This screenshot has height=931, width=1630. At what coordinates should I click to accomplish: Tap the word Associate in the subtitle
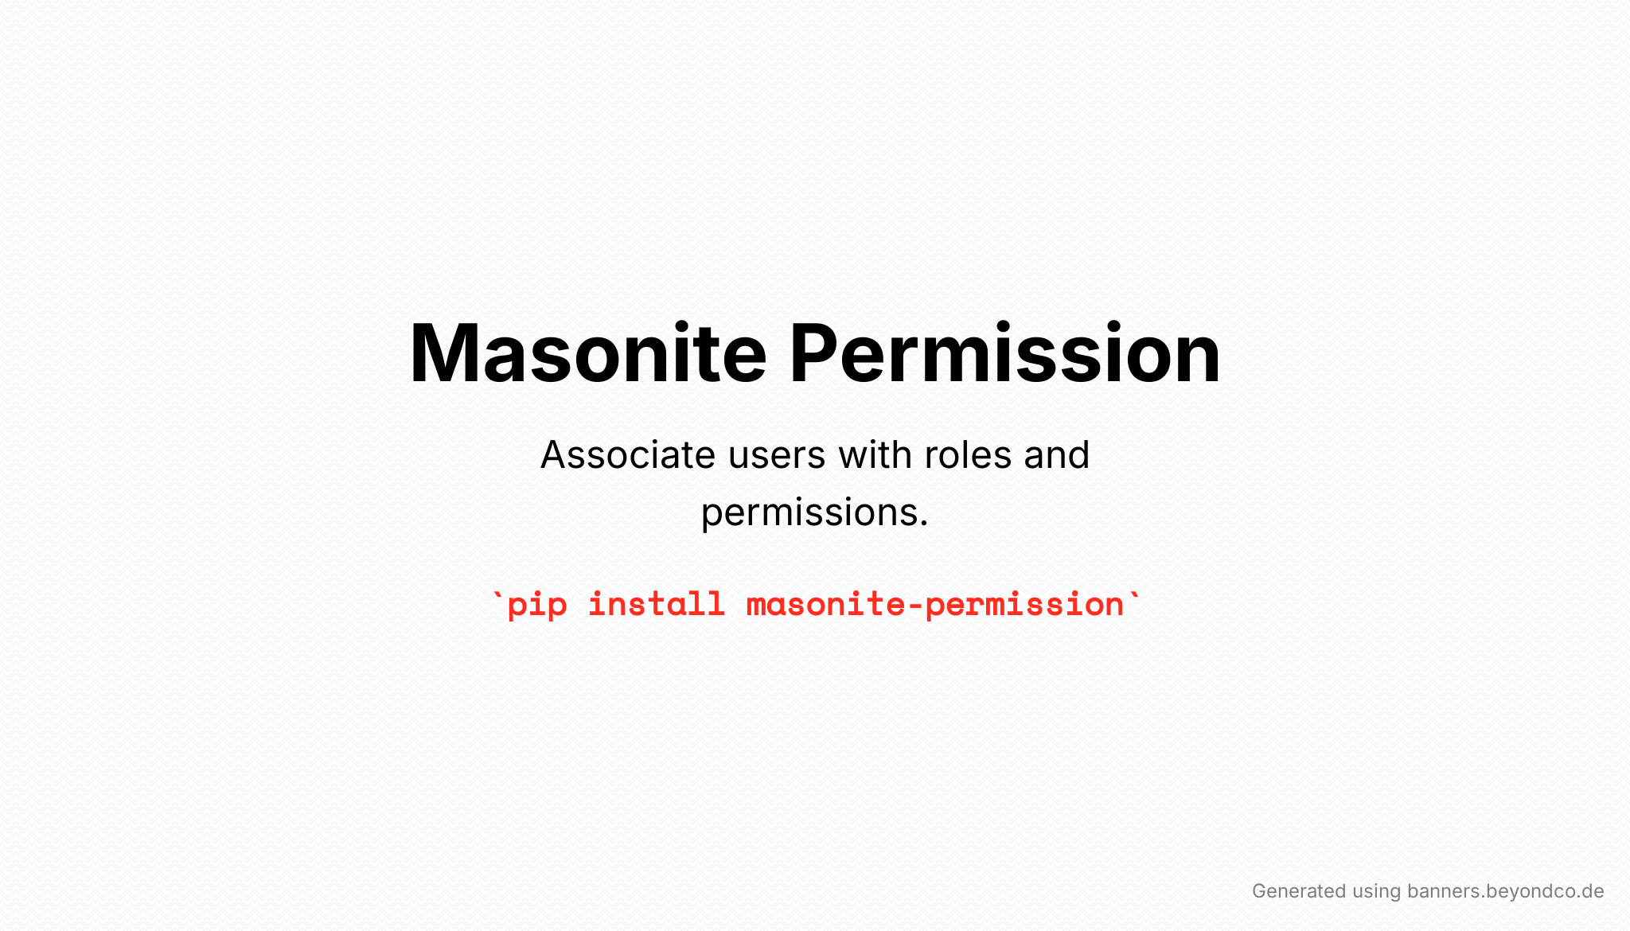[x=628, y=455]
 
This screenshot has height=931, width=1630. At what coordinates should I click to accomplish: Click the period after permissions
[x=923, y=524]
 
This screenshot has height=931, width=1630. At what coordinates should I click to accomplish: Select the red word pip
[x=537, y=606]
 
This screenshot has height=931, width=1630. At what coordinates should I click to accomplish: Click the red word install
[x=657, y=604]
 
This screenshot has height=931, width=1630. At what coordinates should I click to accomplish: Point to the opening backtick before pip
[x=498, y=595]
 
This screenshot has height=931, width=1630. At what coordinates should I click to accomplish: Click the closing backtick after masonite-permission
[x=1134, y=595]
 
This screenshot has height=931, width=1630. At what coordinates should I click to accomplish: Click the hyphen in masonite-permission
[x=915, y=607]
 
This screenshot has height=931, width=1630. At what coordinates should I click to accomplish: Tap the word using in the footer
[x=1376, y=893]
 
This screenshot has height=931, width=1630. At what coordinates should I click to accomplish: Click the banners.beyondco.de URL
[x=1506, y=892]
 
